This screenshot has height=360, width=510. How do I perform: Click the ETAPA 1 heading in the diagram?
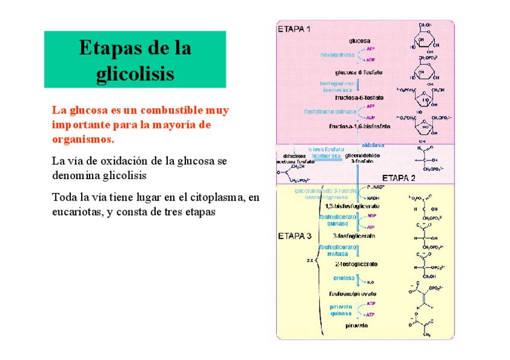[294, 28]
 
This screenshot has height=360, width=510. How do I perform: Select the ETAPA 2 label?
[399, 178]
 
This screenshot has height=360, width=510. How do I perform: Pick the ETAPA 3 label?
[294, 236]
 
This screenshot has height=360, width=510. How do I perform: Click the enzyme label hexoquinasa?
[337, 54]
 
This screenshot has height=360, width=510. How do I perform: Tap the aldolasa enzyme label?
[373, 145]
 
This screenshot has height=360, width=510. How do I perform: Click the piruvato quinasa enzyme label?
[341, 310]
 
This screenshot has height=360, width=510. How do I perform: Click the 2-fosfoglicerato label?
[356, 264]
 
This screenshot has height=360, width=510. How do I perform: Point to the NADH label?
[373, 198]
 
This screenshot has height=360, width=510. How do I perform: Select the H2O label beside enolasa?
[370, 282]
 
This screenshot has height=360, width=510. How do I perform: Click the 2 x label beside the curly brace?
[310, 260]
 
